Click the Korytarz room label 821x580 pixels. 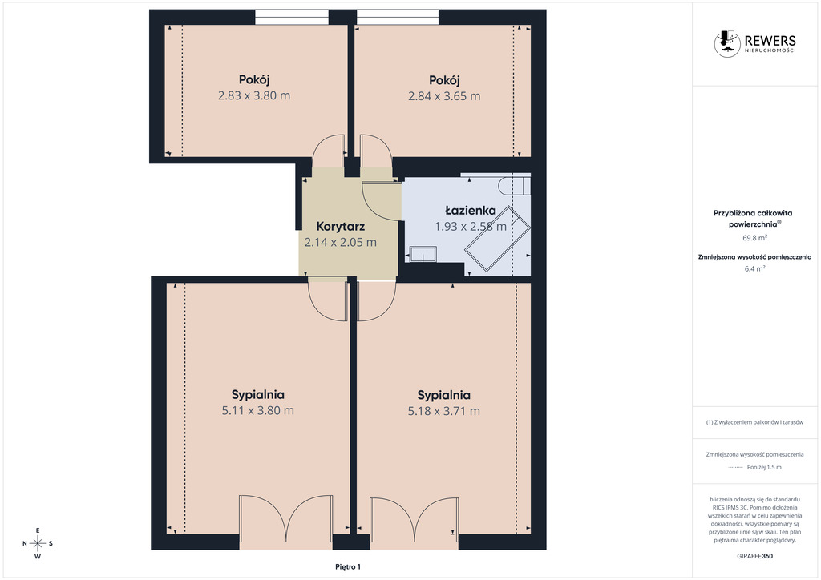pyautogui.click(x=340, y=227)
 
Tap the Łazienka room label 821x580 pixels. pyautogui.click(x=471, y=210)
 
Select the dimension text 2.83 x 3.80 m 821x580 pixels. pyautogui.click(x=254, y=95)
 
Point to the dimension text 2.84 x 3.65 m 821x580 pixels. pyautogui.click(x=444, y=96)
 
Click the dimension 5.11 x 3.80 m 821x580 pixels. pyautogui.click(x=257, y=410)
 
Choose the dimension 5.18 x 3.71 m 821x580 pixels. pyautogui.click(x=444, y=411)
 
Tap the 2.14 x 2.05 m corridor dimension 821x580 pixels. pyautogui.click(x=340, y=242)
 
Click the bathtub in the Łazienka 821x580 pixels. pyautogui.click(x=496, y=239)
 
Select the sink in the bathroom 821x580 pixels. pyautogui.click(x=423, y=254)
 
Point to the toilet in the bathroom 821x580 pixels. pyautogui.click(x=514, y=186)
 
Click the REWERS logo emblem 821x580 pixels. pyautogui.click(x=726, y=43)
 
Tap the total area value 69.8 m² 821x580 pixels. pyautogui.click(x=754, y=237)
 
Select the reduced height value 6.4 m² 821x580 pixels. pyautogui.click(x=754, y=269)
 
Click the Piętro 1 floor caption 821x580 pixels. pyautogui.click(x=348, y=567)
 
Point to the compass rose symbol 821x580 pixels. pyautogui.click(x=38, y=543)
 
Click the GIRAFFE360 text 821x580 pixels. pyautogui.click(x=754, y=556)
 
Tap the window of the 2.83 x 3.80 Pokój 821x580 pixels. pyautogui.click(x=292, y=18)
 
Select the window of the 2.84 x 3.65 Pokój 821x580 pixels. pyautogui.click(x=398, y=18)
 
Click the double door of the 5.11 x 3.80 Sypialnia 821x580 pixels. pyautogui.click(x=286, y=518)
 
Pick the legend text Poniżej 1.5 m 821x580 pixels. pyautogui.click(x=764, y=468)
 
